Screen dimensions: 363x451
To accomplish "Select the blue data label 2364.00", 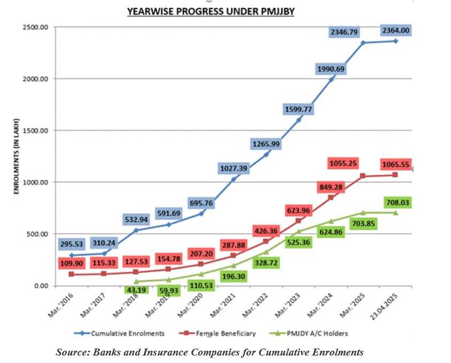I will pyautogui.click(x=396, y=30).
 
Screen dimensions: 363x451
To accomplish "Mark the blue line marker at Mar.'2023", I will pyautogui.click(x=299, y=120).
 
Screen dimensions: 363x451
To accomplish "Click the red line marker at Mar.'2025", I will pyautogui.click(x=363, y=176).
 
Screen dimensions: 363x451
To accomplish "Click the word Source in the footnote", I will pyautogui.click(x=72, y=352).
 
